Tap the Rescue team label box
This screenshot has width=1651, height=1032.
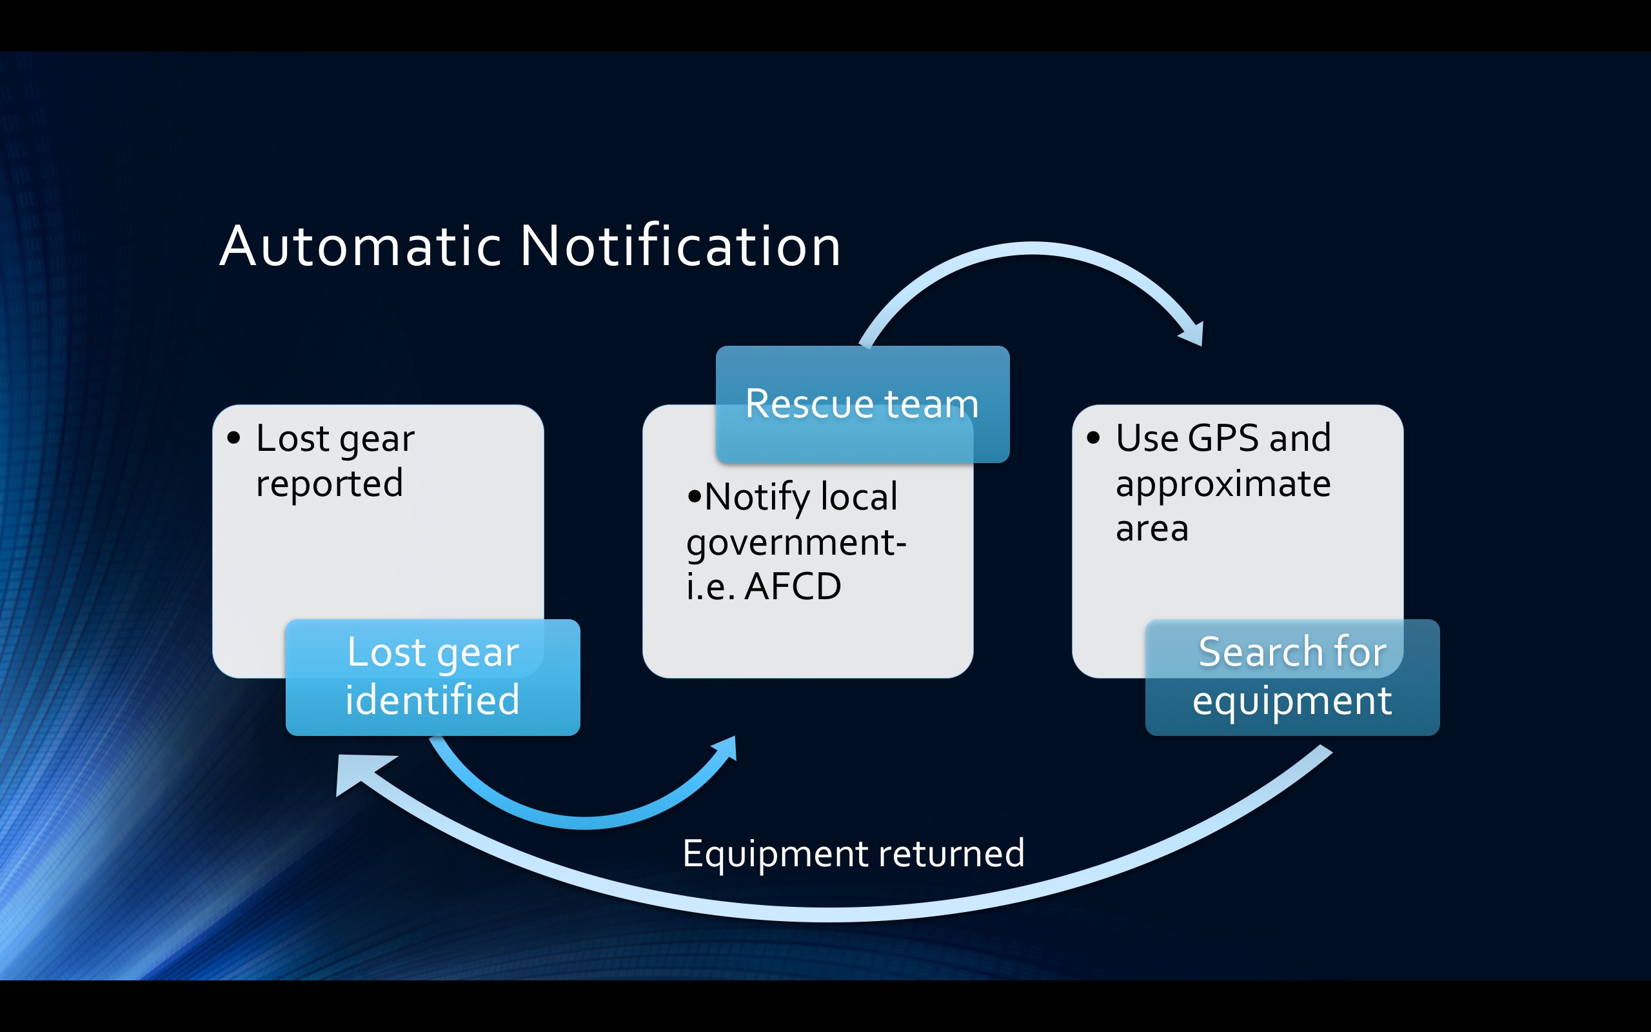(862, 404)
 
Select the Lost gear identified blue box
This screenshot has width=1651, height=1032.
(433, 677)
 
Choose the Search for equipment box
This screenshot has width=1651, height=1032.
(1292, 677)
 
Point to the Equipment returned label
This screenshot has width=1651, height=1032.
(853, 854)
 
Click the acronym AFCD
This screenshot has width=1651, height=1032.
(793, 586)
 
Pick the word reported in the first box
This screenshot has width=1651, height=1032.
(330, 485)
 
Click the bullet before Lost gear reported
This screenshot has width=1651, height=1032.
(234, 437)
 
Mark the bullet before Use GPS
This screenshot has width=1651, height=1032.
(1094, 437)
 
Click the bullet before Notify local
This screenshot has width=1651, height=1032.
(695, 496)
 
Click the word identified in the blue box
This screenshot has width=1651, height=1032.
(433, 700)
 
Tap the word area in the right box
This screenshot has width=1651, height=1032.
(1152, 530)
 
